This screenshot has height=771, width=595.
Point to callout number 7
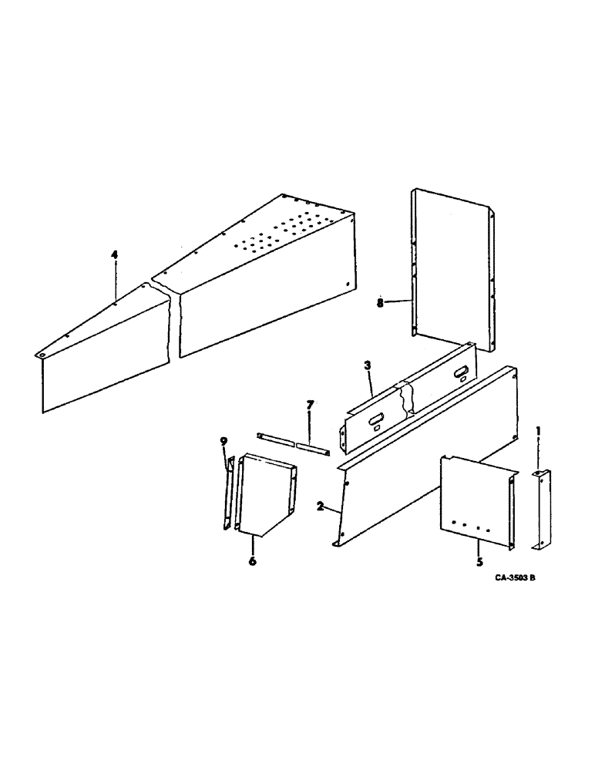(309, 405)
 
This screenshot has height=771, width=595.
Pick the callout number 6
(251, 561)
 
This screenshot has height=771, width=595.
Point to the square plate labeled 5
(474, 501)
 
